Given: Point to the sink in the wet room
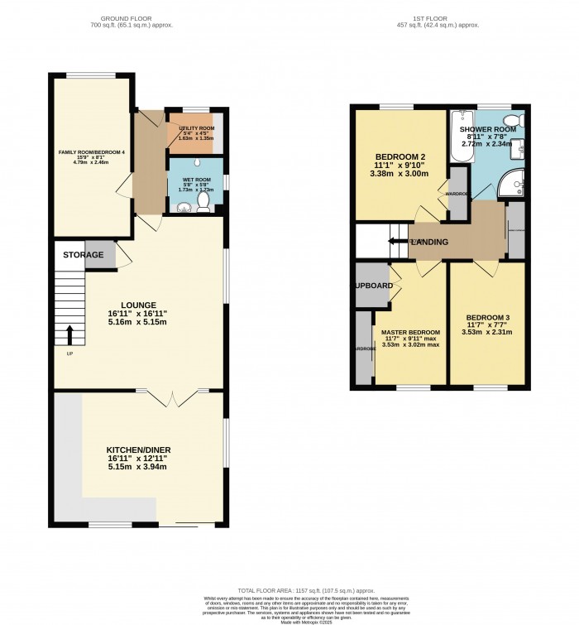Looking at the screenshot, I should pos(183,206).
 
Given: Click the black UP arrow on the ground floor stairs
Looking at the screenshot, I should pos(69,335).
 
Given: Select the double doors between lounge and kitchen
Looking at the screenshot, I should pos(174,397).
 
